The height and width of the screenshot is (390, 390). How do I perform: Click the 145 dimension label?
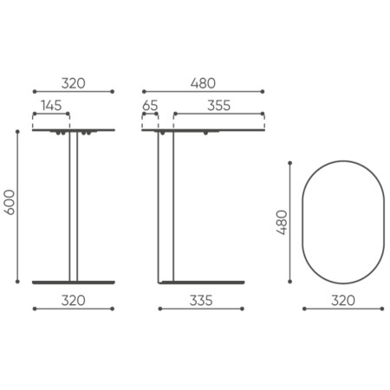(x=50, y=105)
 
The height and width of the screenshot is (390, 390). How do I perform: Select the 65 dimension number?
(x=150, y=105)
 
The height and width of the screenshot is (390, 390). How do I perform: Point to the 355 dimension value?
(x=218, y=105)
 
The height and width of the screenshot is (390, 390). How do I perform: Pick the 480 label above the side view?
(x=202, y=83)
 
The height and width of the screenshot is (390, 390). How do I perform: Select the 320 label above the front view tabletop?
(x=73, y=83)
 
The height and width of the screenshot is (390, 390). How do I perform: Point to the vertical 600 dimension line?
(x=19, y=205)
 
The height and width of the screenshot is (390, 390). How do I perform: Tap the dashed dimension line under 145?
(x=50, y=114)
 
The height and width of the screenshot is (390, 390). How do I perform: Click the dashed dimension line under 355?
(x=218, y=114)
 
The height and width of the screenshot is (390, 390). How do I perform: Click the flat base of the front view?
(x=74, y=282)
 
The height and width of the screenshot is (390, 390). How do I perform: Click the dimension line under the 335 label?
(x=202, y=309)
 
